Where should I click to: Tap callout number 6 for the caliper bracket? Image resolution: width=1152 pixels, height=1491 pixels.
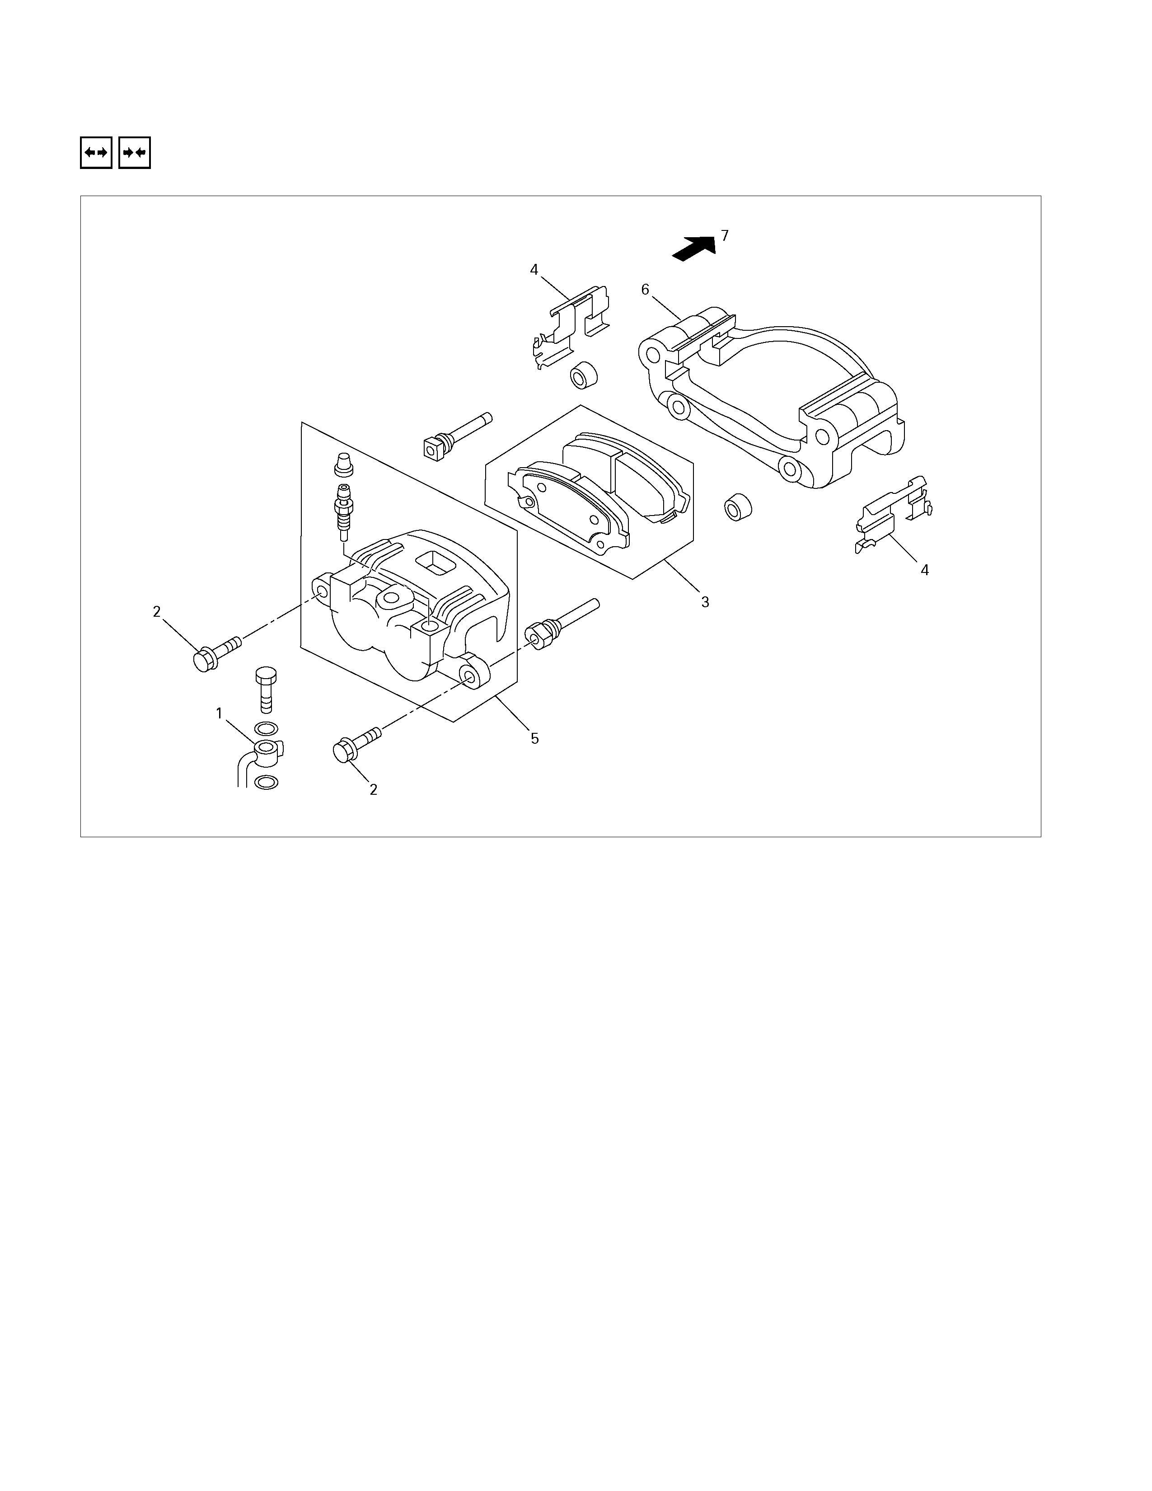tap(645, 290)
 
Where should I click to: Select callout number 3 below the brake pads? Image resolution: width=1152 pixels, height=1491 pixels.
tap(705, 602)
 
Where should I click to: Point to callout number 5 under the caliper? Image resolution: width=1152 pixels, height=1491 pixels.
tap(535, 739)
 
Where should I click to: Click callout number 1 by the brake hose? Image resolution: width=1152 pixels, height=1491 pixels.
tap(219, 713)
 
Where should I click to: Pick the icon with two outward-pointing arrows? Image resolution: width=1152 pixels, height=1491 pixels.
tap(96, 153)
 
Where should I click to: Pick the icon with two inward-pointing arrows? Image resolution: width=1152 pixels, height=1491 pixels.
tap(135, 153)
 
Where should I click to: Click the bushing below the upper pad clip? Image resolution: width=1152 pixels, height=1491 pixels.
tap(583, 375)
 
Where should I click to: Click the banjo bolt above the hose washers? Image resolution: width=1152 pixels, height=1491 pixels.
tap(266, 688)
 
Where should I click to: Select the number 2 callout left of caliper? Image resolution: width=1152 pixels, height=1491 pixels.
tap(157, 612)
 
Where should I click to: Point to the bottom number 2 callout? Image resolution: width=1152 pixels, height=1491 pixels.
tap(373, 790)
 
